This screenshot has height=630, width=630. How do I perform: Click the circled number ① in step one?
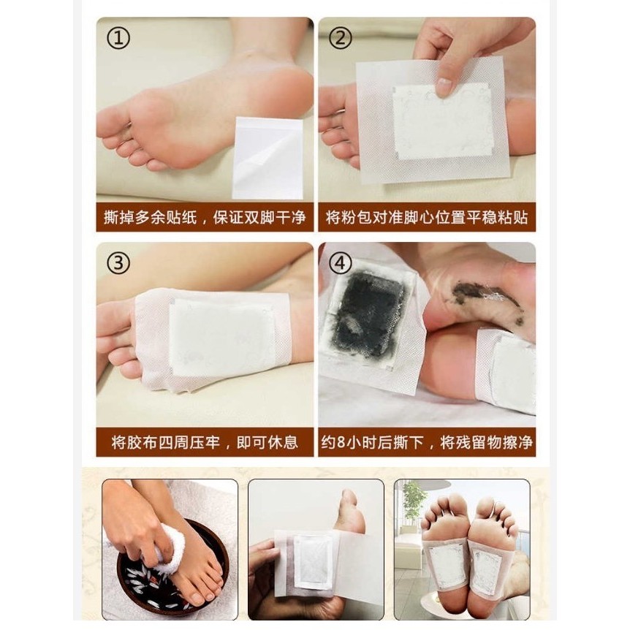(118, 39)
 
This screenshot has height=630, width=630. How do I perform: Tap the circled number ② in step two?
(340, 39)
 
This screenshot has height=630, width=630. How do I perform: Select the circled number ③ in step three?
(118, 264)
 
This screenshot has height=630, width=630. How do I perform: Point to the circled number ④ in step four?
(340, 264)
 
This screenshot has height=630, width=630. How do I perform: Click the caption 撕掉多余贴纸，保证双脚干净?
(205, 217)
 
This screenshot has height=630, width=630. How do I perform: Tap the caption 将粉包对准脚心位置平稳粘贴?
(427, 217)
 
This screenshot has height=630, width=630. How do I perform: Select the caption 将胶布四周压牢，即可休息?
(205, 442)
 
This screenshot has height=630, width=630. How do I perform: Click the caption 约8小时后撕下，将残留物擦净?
(427, 442)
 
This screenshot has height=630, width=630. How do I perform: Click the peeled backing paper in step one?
(267, 158)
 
